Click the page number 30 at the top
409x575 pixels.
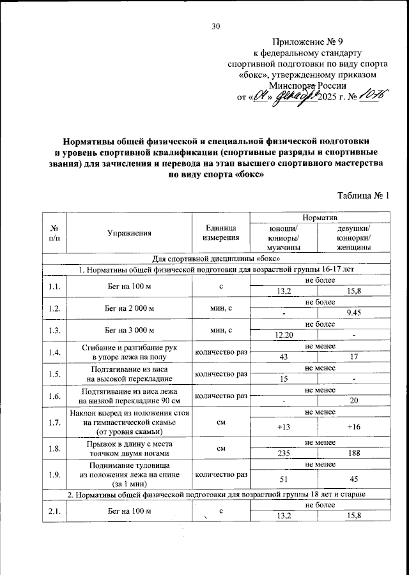click(x=216, y=26)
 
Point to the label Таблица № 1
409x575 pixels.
click(x=362, y=197)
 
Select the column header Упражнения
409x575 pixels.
click(x=130, y=233)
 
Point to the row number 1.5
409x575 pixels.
click(x=54, y=375)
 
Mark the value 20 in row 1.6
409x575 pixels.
click(x=353, y=401)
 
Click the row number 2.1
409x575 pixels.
click(x=54, y=511)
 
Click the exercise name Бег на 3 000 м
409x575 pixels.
click(x=130, y=330)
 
